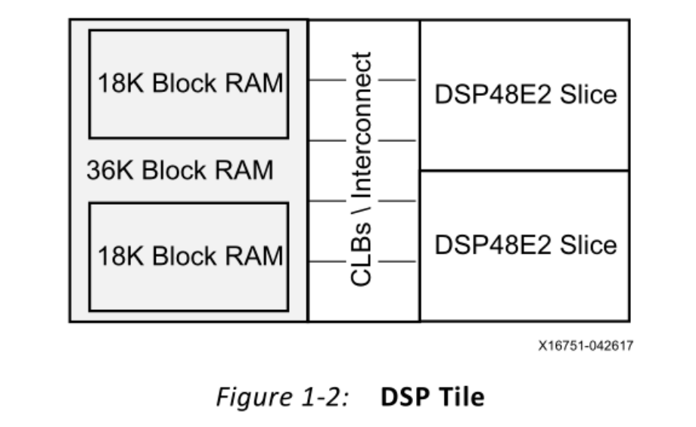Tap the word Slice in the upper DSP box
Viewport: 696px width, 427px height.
[x=591, y=94]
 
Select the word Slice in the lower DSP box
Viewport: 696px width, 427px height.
[x=591, y=245]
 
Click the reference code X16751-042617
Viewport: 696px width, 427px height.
[x=586, y=346]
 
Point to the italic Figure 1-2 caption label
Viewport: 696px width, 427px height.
[x=281, y=396]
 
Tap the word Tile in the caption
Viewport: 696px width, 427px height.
[x=461, y=396]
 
